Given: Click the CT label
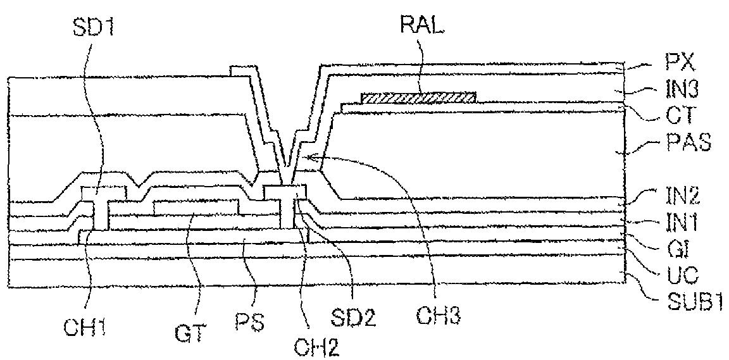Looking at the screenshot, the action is click(680, 116).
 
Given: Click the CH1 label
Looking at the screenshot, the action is click(85, 311).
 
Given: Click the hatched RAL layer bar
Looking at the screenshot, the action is click(418, 97).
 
